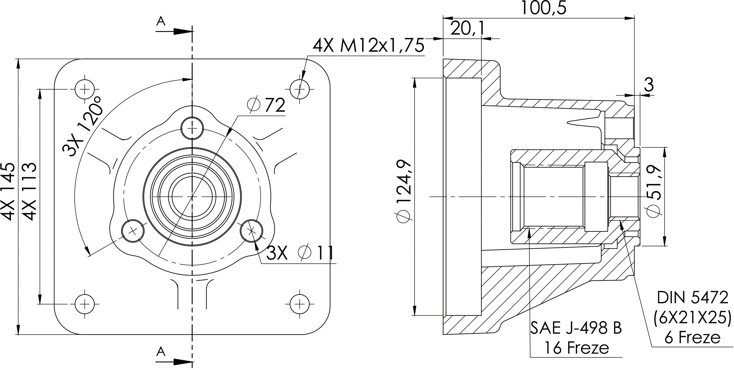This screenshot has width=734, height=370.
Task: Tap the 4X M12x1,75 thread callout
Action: point(368,46)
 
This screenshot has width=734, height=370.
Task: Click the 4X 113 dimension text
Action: point(29,191)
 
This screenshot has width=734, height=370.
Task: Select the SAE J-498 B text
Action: point(576,328)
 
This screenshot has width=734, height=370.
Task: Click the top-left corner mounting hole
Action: point(85,89)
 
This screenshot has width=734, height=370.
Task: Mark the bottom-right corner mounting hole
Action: point(299,304)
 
